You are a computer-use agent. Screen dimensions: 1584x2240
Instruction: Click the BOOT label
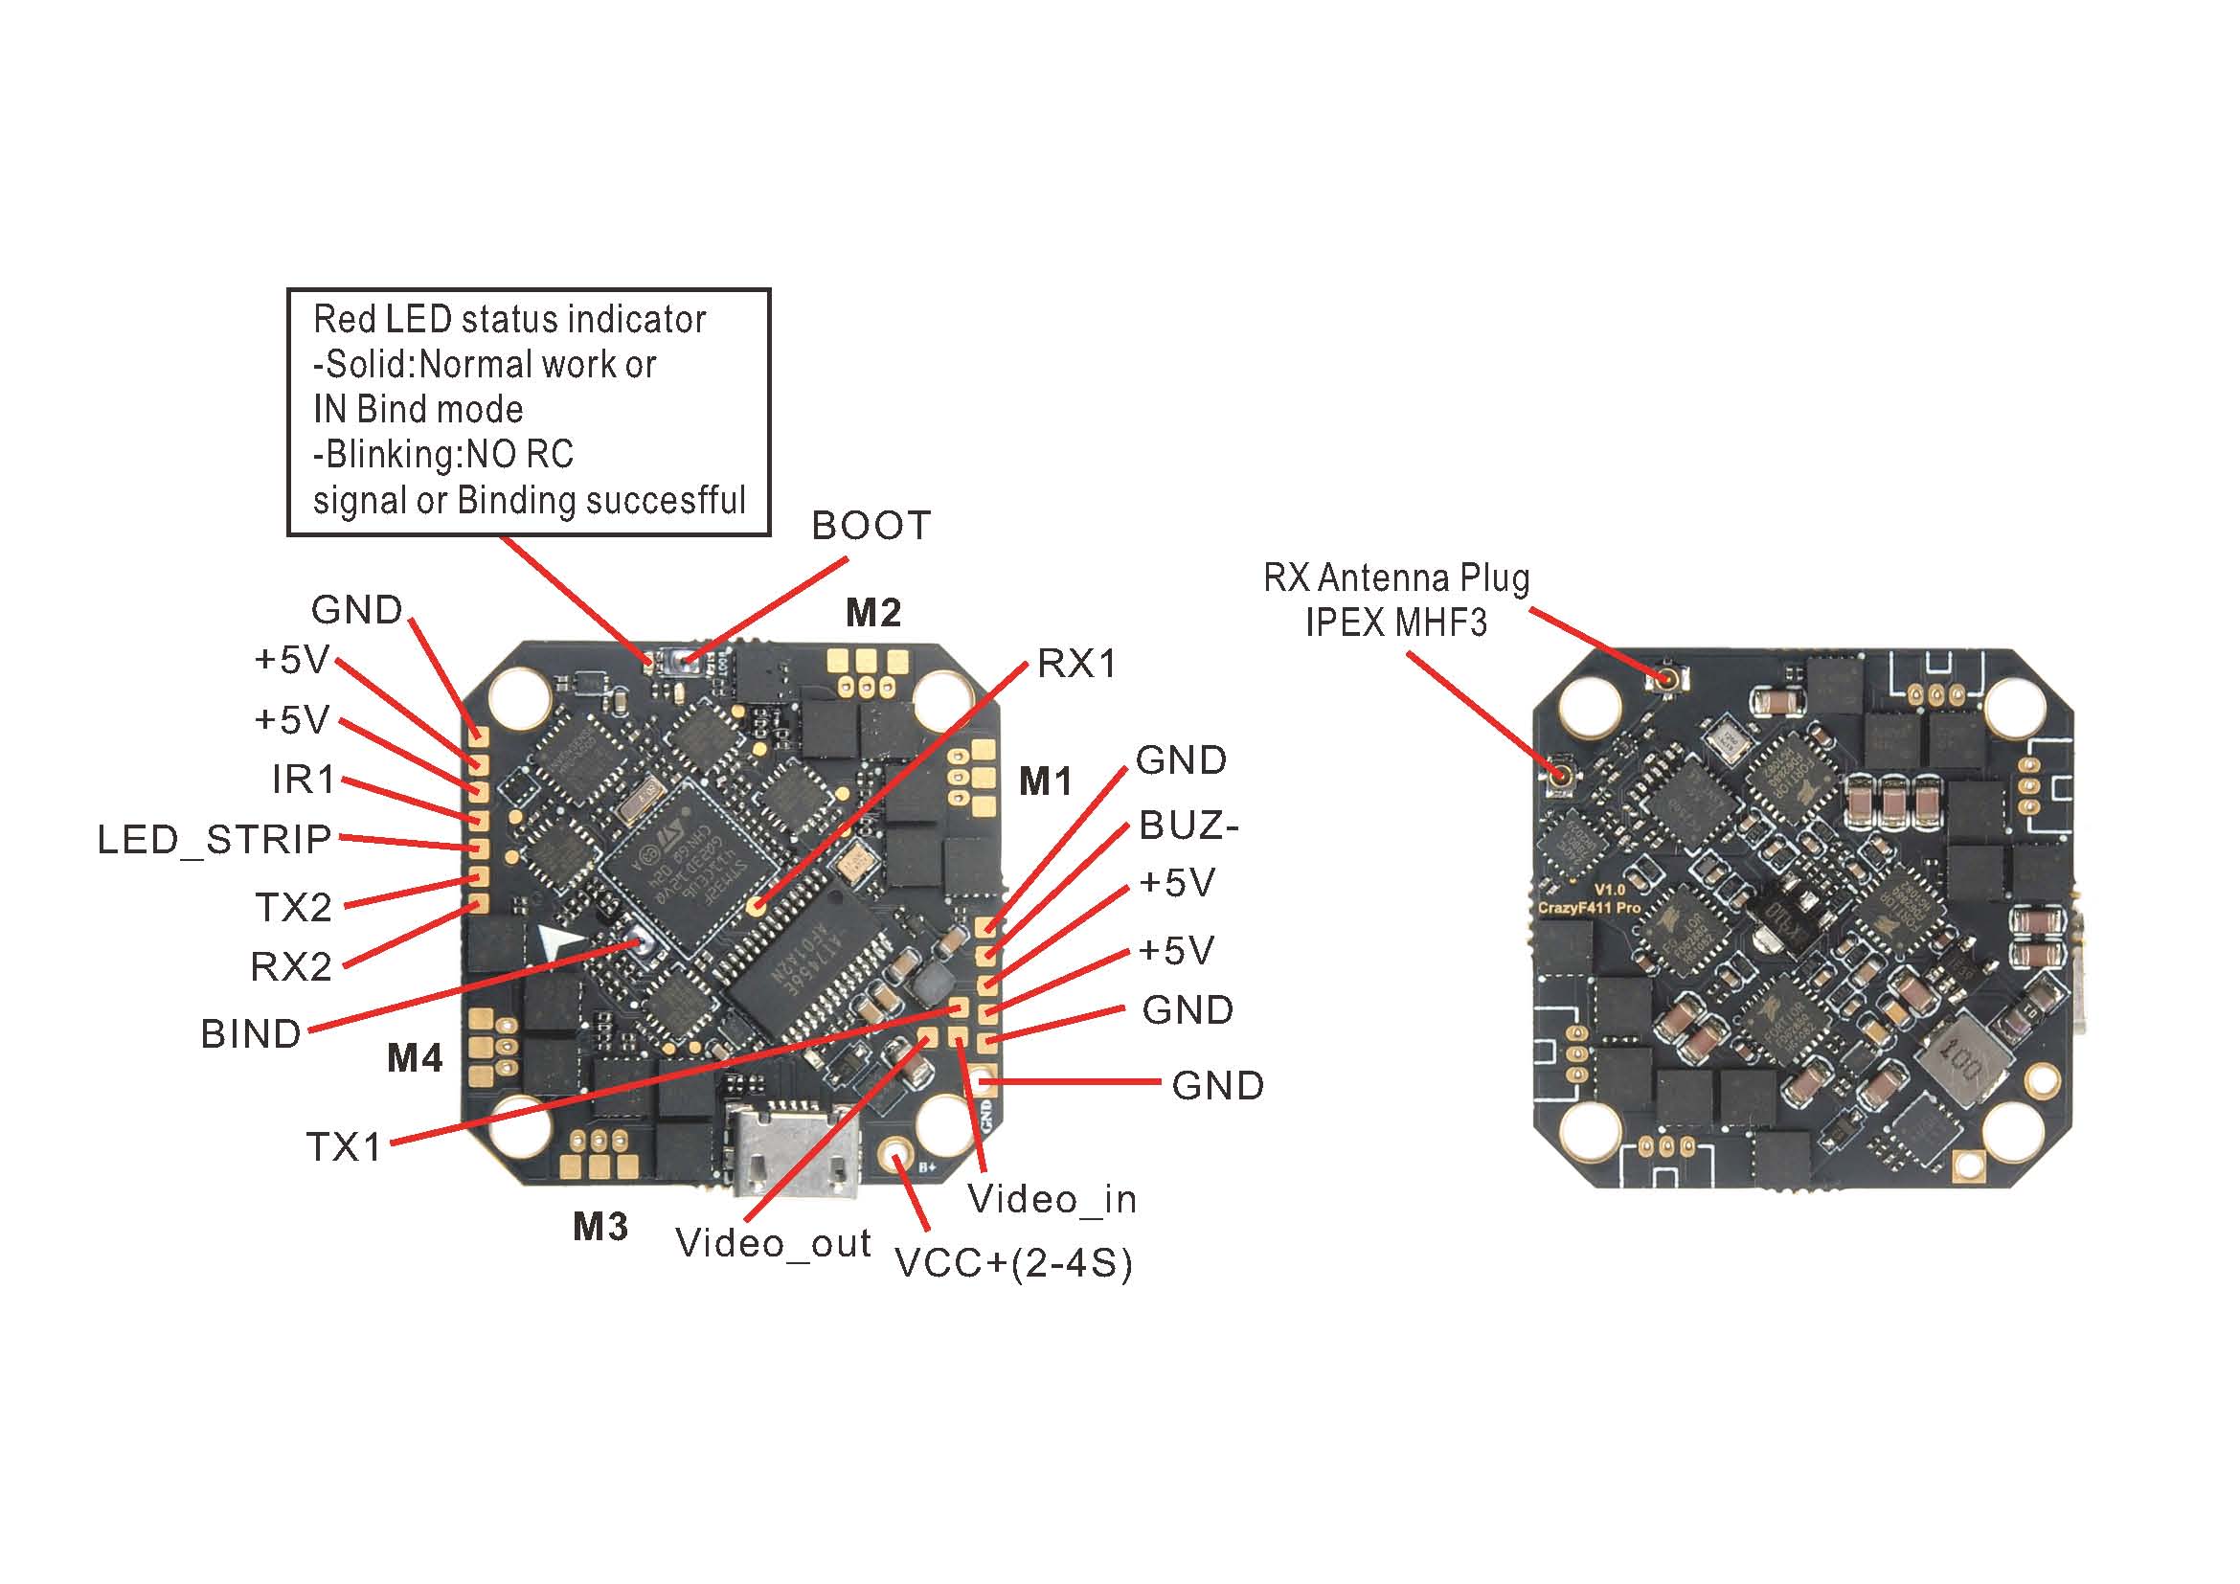click(871, 526)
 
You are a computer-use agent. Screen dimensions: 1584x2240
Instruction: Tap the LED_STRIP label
click(215, 840)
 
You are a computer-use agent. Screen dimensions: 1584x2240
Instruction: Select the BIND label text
click(251, 1034)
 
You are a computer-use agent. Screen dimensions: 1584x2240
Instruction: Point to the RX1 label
click(1076, 665)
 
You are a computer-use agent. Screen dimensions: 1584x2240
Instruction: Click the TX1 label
click(345, 1147)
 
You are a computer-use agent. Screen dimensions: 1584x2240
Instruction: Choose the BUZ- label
click(1188, 826)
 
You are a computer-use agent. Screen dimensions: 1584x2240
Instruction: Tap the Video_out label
click(773, 1244)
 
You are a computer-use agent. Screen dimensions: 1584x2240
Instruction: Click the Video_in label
click(1052, 1200)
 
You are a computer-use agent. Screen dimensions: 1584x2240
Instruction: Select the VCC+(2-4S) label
click(1013, 1264)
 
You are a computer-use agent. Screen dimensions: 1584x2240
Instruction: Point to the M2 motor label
click(872, 613)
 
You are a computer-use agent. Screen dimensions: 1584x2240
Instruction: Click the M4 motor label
click(415, 1058)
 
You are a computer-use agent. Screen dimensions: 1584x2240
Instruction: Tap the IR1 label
click(304, 780)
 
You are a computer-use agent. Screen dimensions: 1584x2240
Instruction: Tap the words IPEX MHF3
click(1396, 622)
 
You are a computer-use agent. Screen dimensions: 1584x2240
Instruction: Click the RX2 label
click(291, 967)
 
